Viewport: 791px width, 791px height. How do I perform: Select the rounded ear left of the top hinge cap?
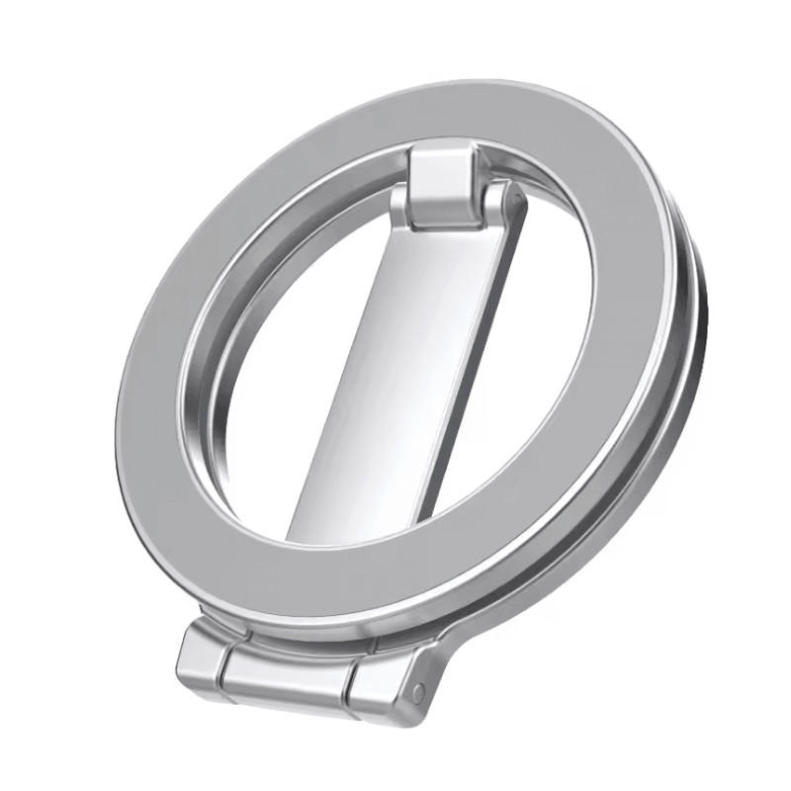point(399,202)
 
